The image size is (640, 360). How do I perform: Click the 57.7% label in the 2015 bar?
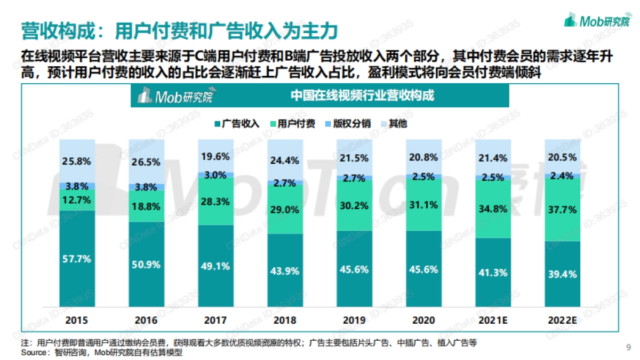[x=77, y=259]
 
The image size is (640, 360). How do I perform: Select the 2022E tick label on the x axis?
[x=562, y=320]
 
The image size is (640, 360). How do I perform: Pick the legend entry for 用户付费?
[x=292, y=124]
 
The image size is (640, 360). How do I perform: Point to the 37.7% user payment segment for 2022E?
[x=562, y=210]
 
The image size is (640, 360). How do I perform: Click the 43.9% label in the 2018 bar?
[x=285, y=270]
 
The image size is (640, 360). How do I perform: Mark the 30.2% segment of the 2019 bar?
[x=355, y=206]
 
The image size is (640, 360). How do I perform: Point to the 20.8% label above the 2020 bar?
[x=424, y=157]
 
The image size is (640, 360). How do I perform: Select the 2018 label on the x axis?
[x=285, y=320]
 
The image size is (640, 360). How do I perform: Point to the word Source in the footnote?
[x=33, y=353]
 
